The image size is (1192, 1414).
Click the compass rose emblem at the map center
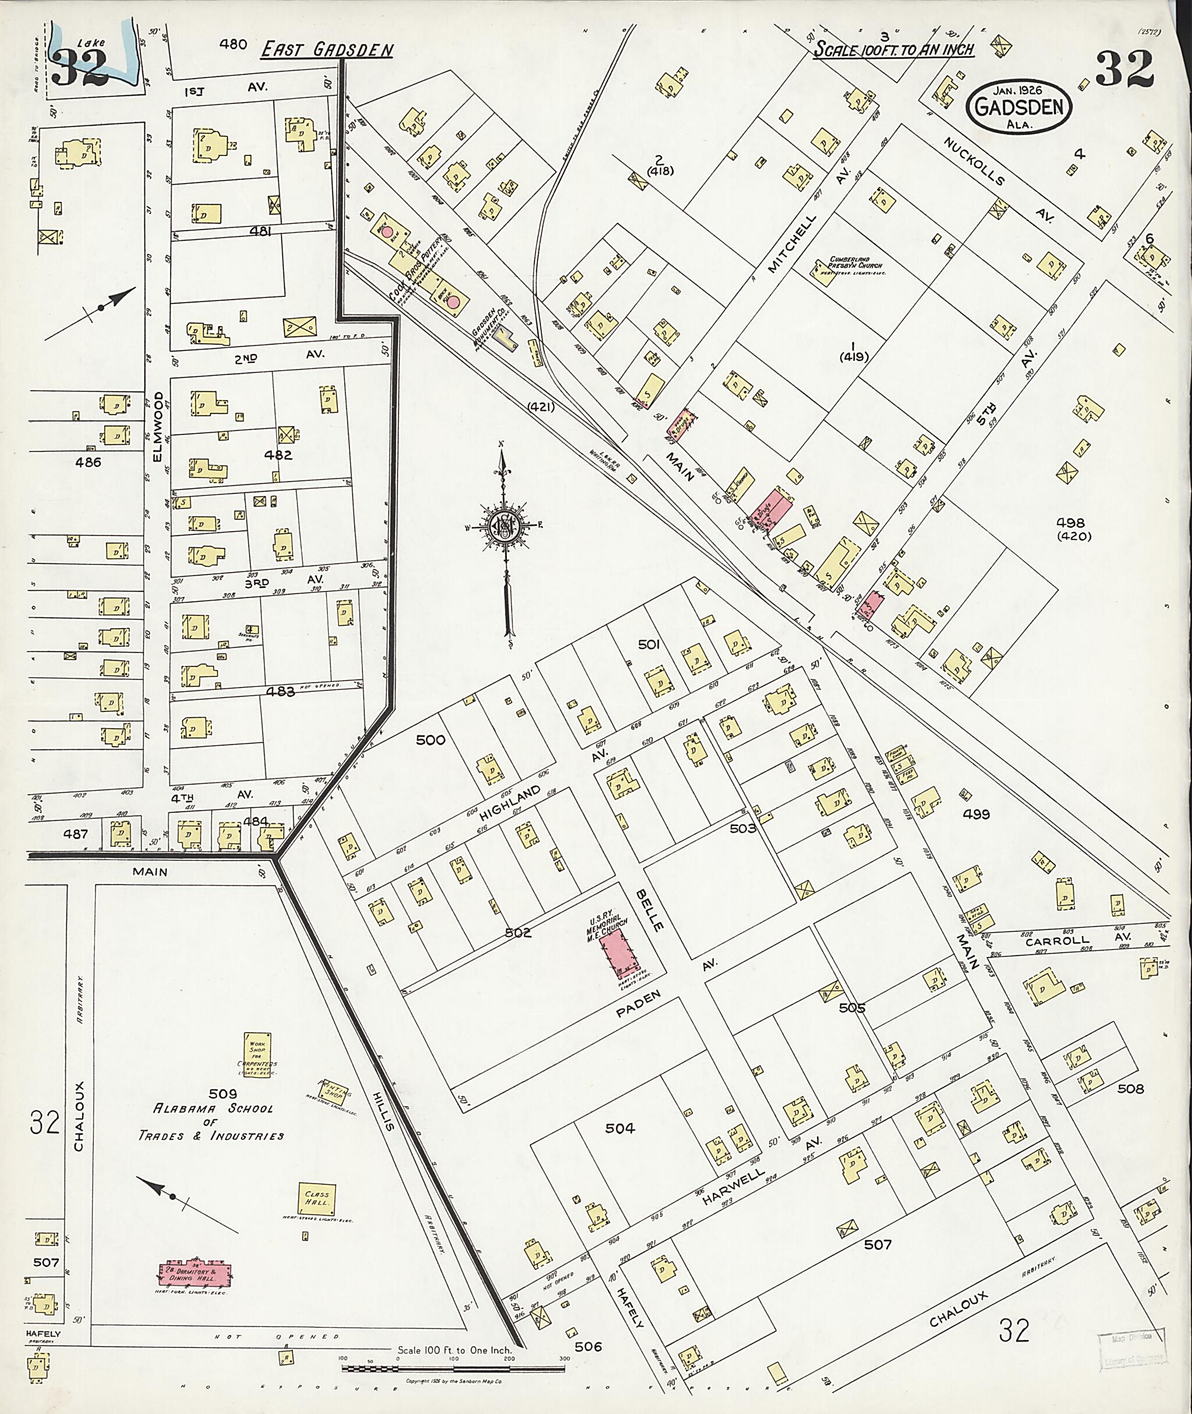point(506,527)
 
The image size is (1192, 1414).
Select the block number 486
point(88,462)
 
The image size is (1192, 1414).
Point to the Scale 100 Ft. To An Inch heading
point(893,49)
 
